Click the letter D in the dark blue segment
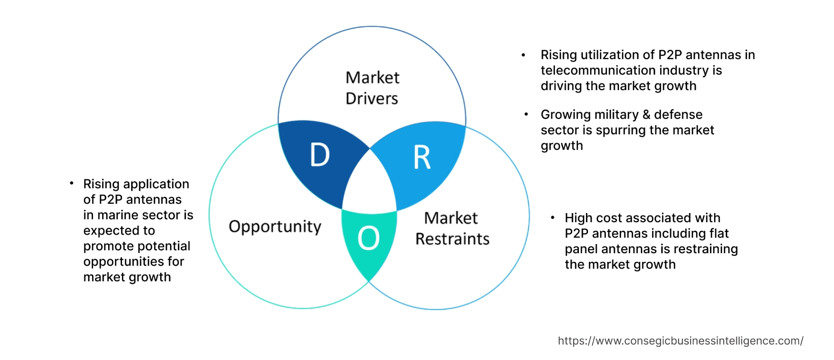pyautogui.click(x=320, y=155)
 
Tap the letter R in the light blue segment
pyautogui.click(x=422, y=158)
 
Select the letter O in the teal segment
pyautogui.click(x=368, y=238)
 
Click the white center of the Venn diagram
pyautogui.click(x=369, y=186)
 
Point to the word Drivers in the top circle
pyautogui.click(x=372, y=99)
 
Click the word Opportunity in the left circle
pyautogui.click(x=275, y=227)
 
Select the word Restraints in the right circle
pyautogui.click(x=452, y=239)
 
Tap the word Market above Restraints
pyautogui.click(x=451, y=218)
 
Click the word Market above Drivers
pyautogui.click(x=372, y=78)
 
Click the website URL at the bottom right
pyautogui.click(x=680, y=341)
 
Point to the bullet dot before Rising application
pyautogui.click(x=72, y=183)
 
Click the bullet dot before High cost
pyautogui.click(x=552, y=218)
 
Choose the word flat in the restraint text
pyautogui.click(x=719, y=234)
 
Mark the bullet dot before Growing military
pyautogui.click(x=527, y=114)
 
